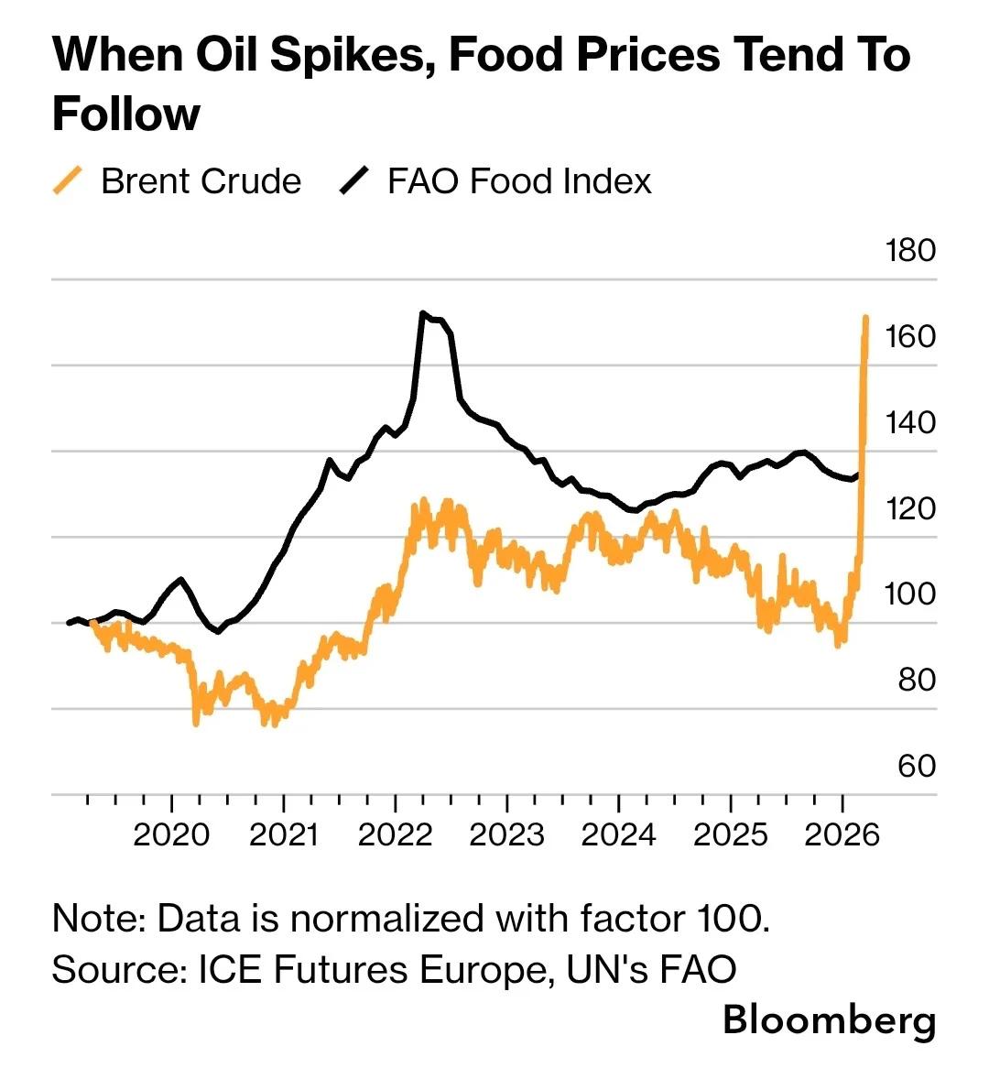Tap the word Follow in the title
point(126,114)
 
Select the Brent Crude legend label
point(201,180)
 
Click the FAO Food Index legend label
point(518,180)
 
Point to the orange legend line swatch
point(69,180)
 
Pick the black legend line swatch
point(353,180)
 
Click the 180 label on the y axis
point(910,250)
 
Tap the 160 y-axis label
point(910,336)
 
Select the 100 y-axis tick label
point(910,594)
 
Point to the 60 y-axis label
point(916,765)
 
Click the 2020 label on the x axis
point(171,834)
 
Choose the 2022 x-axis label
point(395,834)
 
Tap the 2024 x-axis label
point(618,834)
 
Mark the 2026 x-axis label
point(842,834)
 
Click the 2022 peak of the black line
point(422,313)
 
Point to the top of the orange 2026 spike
point(865,318)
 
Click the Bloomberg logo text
point(829,1019)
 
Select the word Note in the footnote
point(93,917)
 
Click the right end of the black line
point(857,474)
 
